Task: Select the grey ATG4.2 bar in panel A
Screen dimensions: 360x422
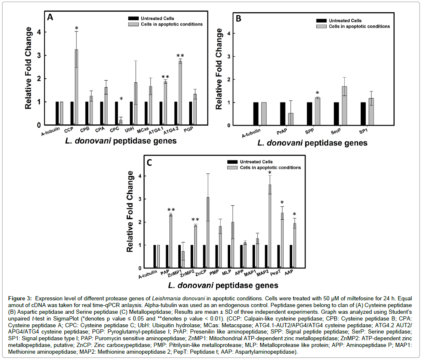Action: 180,93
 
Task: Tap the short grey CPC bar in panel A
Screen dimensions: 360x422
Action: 121,122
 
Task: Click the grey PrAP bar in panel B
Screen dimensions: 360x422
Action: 290,119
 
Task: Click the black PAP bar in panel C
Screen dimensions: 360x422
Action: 167,256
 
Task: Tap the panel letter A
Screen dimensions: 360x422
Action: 50,18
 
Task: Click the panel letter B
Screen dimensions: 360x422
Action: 238,18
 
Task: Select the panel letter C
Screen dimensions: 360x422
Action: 149,161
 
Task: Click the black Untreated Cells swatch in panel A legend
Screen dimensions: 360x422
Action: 134,18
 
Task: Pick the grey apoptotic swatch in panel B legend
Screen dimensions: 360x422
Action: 322,26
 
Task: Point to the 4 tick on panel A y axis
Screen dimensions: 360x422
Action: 40,32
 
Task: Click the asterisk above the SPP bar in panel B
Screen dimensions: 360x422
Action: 317,93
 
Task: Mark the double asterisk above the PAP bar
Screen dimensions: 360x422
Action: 171,210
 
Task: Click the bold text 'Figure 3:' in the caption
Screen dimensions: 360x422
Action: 20,298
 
